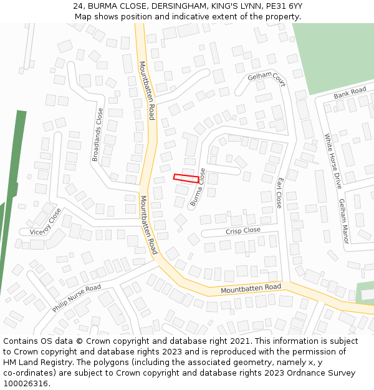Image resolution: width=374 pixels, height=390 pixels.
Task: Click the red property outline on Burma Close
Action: click(186, 178)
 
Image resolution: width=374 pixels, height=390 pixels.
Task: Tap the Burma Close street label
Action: click(198, 188)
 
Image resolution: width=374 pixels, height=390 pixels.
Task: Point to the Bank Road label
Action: click(350, 93)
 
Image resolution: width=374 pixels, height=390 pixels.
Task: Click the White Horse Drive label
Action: click(333, 161)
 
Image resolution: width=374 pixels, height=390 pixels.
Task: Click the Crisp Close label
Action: click(243, 231)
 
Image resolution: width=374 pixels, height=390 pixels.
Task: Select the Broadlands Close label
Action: click(98, 135)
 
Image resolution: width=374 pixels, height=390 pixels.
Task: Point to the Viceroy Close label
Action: click(46, 222)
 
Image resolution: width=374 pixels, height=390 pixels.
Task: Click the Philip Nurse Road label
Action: click(76, 298)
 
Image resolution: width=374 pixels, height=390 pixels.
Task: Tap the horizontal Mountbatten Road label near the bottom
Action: click(251, 288)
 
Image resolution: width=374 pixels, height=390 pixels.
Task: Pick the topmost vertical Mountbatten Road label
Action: click(146, 90)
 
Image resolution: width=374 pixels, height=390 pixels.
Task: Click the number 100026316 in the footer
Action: click(26, 384)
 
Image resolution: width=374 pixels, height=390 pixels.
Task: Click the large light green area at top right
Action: click(333, 56)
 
